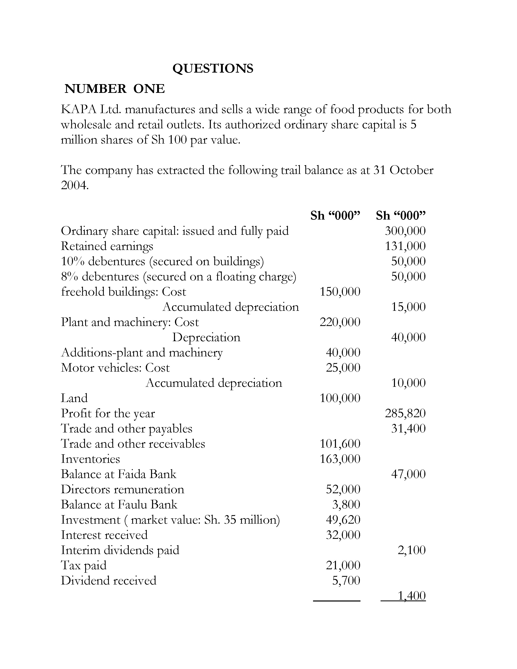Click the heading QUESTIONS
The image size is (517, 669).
coord(213,68)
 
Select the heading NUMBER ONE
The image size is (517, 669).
coord(115,89)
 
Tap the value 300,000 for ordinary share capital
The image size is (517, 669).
coord(405,231)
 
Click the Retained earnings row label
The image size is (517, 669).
coord(107,246)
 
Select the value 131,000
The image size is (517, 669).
coord(405,246)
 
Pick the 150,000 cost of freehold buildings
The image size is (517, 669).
coord(340,292)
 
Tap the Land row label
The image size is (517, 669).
coord(74,398)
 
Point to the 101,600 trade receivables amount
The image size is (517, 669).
coord(340,444)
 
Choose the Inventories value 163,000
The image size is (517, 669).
coord(340,459)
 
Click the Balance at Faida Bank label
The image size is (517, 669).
coord(119,474)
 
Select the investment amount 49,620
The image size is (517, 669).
coord(343,520)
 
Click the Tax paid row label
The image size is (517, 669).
coord(84,565)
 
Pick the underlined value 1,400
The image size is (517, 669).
coord(411,596)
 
